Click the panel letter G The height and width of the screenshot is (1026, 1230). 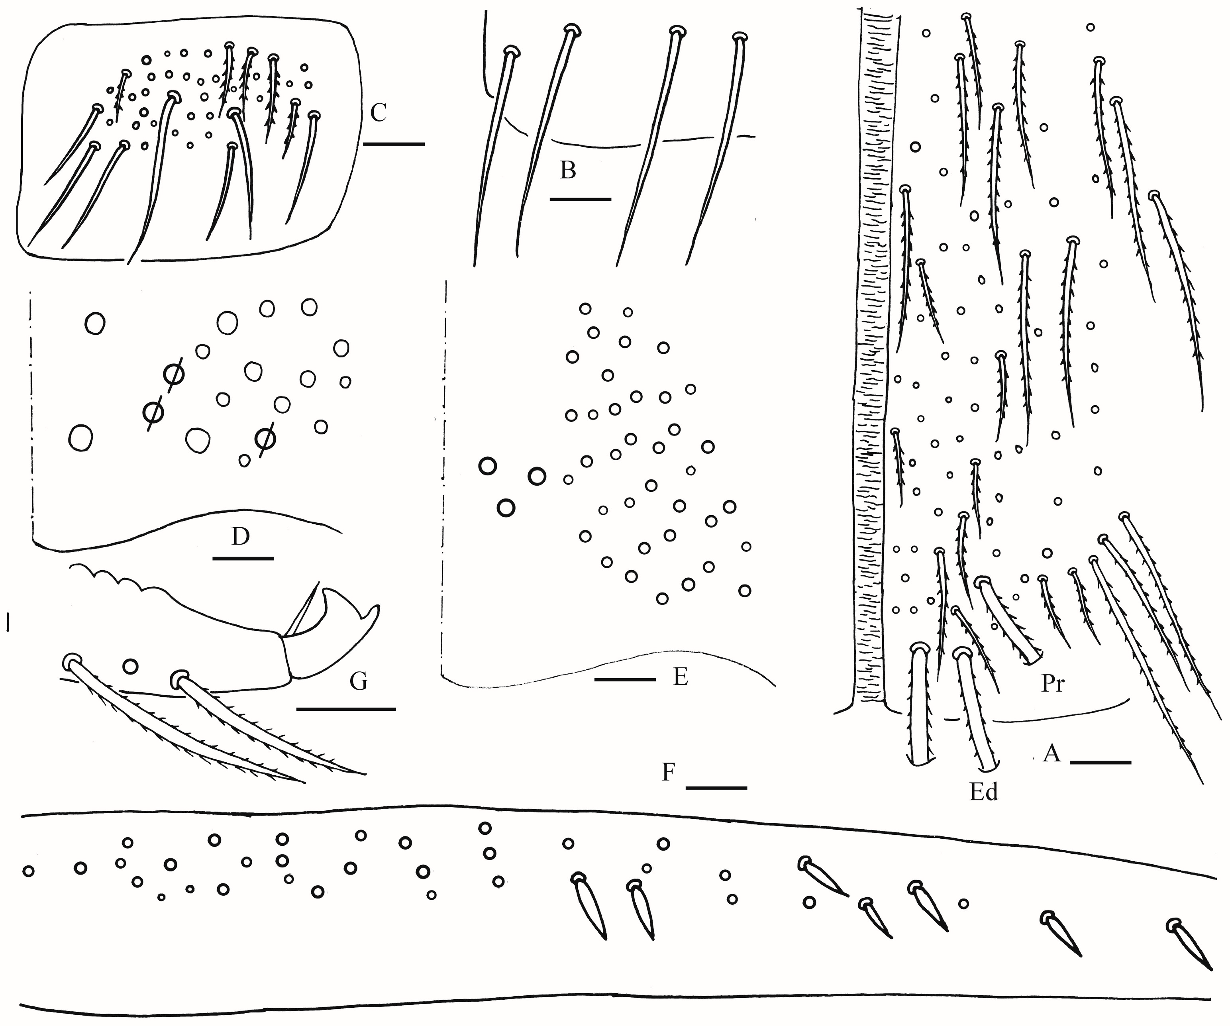click(359, 681)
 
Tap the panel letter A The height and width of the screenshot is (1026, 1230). click(1052, 754)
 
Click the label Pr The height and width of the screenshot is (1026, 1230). click(1053, 684)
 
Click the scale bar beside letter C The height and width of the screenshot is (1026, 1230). click(394, 143)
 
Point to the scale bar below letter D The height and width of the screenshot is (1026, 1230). click(243, 558)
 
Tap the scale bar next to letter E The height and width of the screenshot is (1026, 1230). click(625, 679)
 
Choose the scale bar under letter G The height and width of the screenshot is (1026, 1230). click(346, 710)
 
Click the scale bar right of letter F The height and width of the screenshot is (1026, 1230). click(716, 788)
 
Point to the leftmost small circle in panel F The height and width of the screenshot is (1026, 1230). click(28, 871)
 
